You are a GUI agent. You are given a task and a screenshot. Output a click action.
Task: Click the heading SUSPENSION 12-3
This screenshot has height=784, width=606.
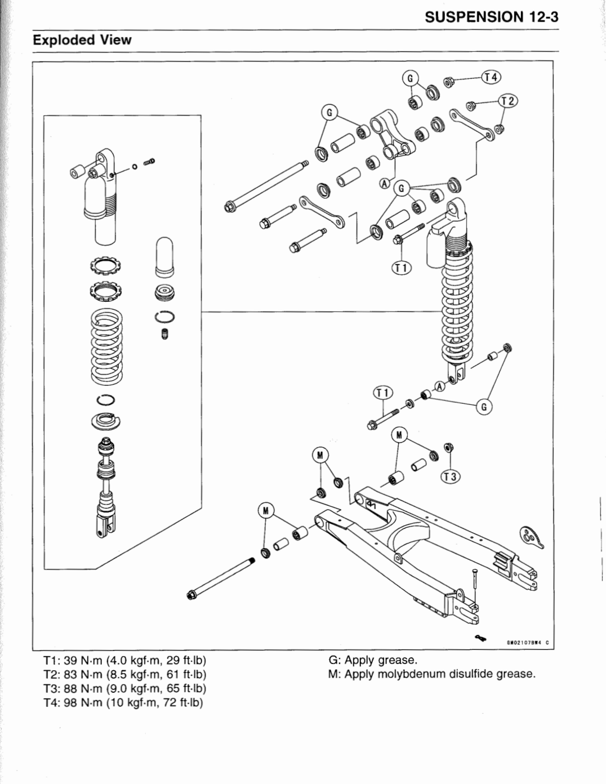point(491,16)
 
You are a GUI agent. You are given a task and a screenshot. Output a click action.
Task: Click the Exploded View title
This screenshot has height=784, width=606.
point(82,40)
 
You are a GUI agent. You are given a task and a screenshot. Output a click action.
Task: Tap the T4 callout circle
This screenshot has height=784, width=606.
point(491,77)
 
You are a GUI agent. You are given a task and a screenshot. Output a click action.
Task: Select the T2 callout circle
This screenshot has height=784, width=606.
point(508,101)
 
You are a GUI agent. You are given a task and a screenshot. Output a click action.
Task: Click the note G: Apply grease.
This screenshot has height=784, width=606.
point(372,660)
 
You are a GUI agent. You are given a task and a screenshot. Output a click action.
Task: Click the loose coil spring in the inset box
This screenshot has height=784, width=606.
point(106,346)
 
